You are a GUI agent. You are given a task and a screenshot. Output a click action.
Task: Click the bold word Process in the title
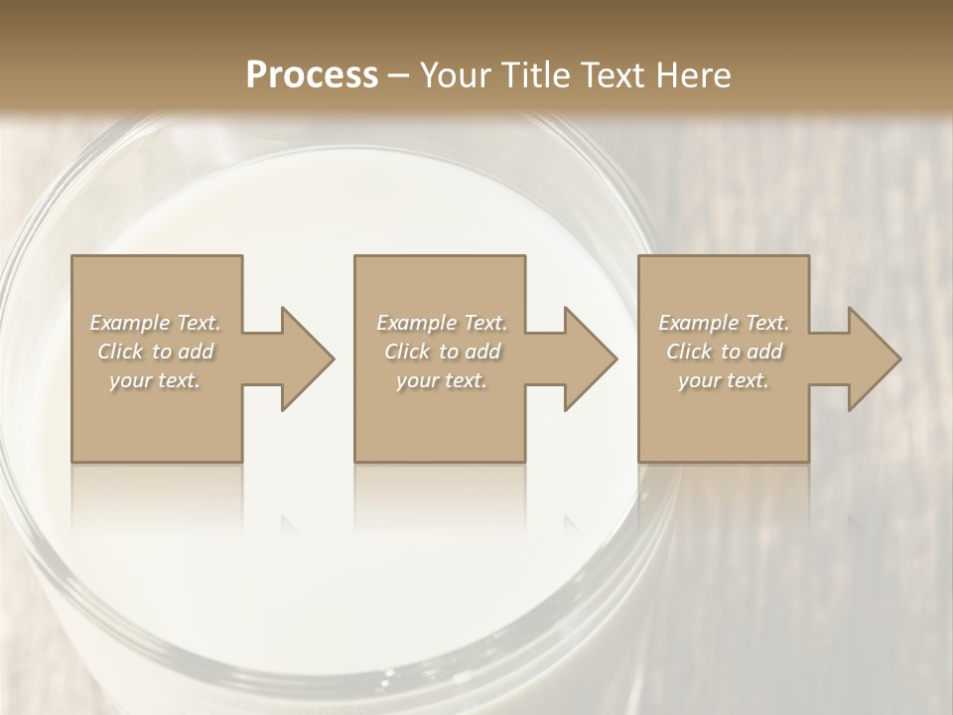click(x=312, y=75)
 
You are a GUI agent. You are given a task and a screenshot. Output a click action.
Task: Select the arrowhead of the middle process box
click(x=590, y=358)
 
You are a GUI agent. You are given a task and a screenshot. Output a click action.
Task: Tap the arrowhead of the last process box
click(x=874, y=358)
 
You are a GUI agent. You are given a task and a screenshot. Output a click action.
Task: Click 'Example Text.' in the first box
click(x=156, y=323)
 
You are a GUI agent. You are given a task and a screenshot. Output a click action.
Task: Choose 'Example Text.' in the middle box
click(x=442, y=323)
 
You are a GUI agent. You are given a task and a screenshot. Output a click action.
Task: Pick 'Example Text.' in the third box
click(x=724, y=323)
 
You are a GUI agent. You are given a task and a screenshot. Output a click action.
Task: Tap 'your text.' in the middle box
click(x=441, y=380)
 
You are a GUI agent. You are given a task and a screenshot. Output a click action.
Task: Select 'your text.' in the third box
click(x=723, y=380)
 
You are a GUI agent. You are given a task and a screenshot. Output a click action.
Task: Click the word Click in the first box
click(x=120, y=352)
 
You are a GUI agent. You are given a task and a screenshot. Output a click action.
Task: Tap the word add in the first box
click(x=197, y=352)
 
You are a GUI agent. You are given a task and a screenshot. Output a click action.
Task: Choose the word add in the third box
click(x=765, y=352)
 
